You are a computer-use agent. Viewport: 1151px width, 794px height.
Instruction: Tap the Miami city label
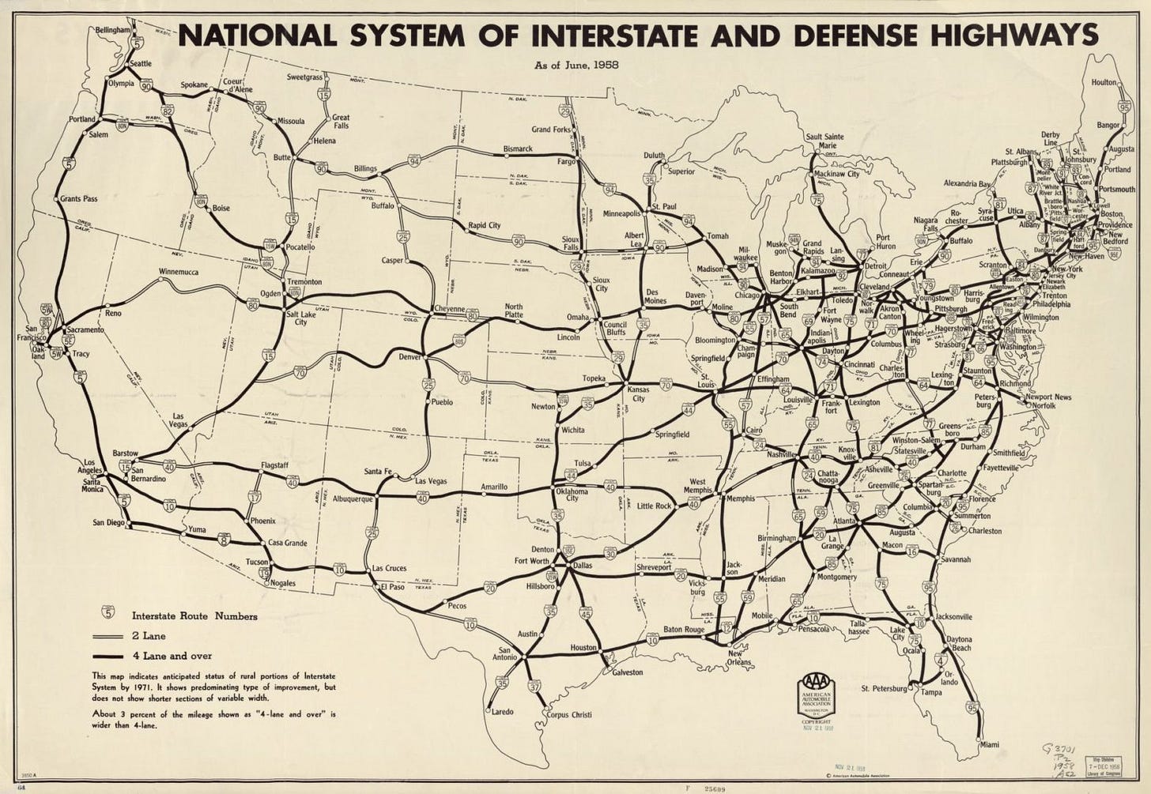[989, 744]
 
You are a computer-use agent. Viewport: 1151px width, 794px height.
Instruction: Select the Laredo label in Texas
[502, 712]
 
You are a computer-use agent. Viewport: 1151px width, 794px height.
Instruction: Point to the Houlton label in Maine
[1104, 82]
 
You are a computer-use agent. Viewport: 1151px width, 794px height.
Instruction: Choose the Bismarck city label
[518, 149]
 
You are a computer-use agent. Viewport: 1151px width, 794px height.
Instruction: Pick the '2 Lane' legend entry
[149, 635]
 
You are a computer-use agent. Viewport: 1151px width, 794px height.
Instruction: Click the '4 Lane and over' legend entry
[172, 656]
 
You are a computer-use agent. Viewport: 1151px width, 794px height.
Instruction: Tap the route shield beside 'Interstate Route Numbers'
[108, 613]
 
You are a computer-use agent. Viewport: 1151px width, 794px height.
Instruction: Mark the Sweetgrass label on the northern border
[304, 77]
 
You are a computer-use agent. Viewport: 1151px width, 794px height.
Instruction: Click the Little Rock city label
[654, 506]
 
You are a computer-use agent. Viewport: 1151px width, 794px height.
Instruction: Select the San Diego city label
[109, 522]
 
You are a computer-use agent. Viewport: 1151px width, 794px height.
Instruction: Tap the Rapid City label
[484, 225]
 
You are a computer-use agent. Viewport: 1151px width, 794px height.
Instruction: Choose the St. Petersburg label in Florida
[884, 688]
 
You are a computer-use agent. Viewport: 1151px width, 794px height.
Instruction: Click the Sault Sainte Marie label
[825, 141]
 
